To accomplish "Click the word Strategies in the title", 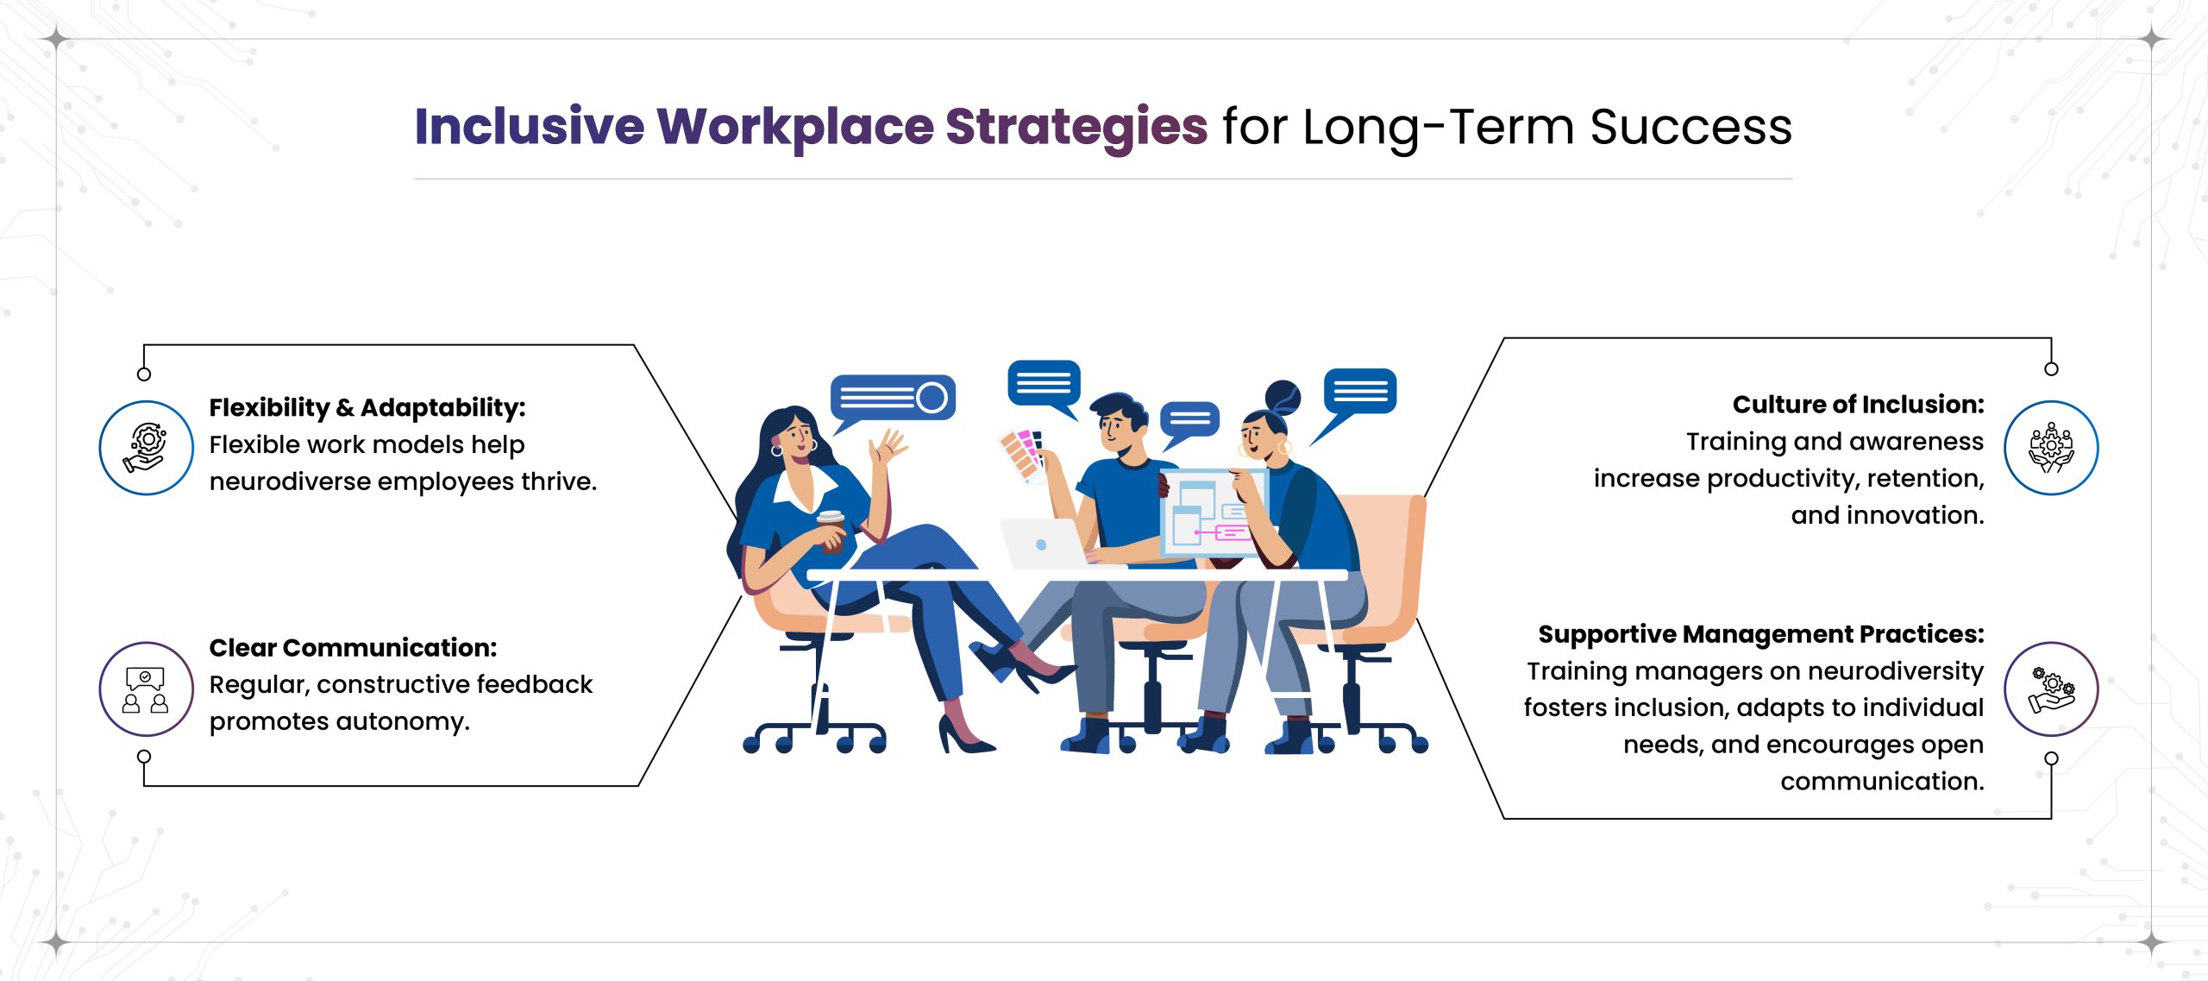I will [1076, 127].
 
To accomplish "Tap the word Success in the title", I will [1690, 127].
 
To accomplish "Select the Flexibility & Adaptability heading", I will [367, 407].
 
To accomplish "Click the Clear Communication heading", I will [353, 647].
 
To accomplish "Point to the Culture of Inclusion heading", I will [1858, 405].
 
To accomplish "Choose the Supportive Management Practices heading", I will [1760, 634].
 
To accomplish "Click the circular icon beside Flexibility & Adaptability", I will [147, 447].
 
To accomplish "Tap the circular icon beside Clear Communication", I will [147, 689].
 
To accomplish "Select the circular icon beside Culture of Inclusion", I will [2051, 447].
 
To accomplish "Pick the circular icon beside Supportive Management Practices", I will [2051, 689].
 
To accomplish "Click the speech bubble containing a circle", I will [892, 398].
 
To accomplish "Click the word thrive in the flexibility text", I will [561, 481].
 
